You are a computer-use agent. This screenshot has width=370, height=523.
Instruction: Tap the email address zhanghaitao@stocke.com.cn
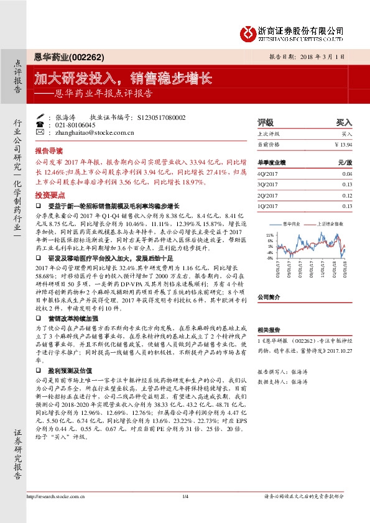pyautogui.click(x=91, y=132)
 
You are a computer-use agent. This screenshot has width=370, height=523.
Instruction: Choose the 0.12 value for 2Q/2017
pyautogui.click(x=346, y=194)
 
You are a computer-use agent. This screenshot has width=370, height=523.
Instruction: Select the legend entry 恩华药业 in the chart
pyautogui.click(x=292, y=222)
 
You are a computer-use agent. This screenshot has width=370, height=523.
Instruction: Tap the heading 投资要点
pyautogui.click(x=49, y=194)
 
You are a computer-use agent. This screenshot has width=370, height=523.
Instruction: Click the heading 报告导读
pyautogui.click(x=49, y=151)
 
